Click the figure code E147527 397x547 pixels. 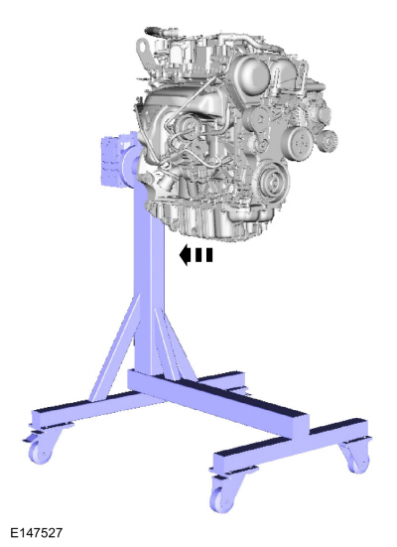37,533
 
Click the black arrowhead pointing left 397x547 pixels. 185,255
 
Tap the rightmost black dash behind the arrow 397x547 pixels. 209,255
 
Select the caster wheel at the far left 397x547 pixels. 40,450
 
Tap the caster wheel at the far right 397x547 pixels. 356,459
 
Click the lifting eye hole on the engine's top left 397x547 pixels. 142,46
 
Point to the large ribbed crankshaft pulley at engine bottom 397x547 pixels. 273,180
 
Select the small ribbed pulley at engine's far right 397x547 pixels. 329,141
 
